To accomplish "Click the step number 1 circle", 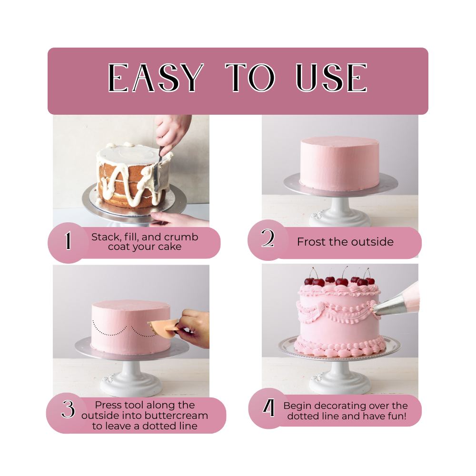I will click(68, 242).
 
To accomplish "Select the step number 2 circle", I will click(268, 239).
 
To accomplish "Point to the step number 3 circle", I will click(68, 410).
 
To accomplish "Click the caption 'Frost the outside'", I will click(345, 242).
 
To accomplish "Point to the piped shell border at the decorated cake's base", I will click(339, 347).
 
